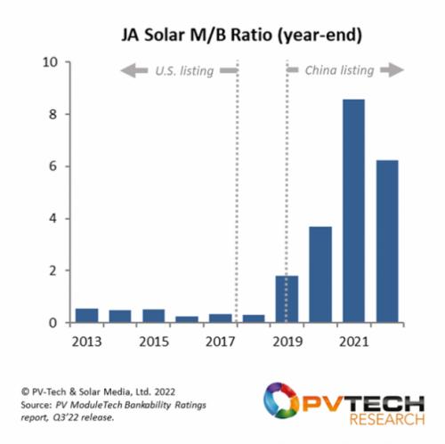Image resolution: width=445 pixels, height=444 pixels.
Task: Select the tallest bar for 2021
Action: (353, 211)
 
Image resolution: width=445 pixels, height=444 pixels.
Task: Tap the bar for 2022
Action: (387, 241)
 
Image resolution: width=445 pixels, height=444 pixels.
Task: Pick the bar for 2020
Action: (320, 275)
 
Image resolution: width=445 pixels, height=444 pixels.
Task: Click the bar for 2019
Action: (287, 299)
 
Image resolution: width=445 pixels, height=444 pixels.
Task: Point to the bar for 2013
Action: (87, 316)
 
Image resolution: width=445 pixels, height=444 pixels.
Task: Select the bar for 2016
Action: (187, 319)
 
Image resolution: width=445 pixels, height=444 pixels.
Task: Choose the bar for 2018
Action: (254, 319)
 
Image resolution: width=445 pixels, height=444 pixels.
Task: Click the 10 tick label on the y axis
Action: (50, 62)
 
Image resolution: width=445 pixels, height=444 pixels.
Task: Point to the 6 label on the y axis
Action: (53, 166)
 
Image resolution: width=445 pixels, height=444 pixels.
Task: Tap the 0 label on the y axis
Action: (53, 323)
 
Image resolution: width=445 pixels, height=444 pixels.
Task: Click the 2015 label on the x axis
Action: (154, 342)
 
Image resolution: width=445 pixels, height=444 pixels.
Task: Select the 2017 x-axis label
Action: (221, 342)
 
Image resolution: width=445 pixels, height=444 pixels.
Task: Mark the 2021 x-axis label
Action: (354, 342)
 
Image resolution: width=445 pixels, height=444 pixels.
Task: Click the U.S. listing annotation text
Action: (184, 71)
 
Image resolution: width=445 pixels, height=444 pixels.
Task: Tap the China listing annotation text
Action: (339, 70)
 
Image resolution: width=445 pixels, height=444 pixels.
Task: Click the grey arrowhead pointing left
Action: (128, 70)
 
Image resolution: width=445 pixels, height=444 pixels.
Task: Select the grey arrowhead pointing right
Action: (396, 70)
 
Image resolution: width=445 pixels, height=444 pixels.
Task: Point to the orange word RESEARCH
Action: (387, 420)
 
